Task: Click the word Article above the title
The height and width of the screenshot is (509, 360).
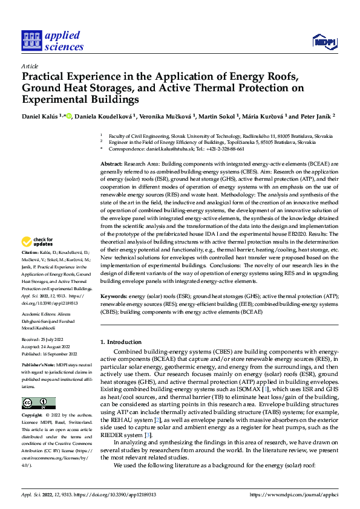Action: pyautogui.click(x=30, y=66)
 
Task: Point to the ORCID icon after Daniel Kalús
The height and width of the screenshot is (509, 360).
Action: pyautogui.click(x=70, y=115)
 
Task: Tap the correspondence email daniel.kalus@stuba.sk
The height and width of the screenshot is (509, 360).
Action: pyautogui.click(x=175, y=149)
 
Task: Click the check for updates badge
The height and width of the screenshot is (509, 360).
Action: pyautogui.click(x=39, y=243)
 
